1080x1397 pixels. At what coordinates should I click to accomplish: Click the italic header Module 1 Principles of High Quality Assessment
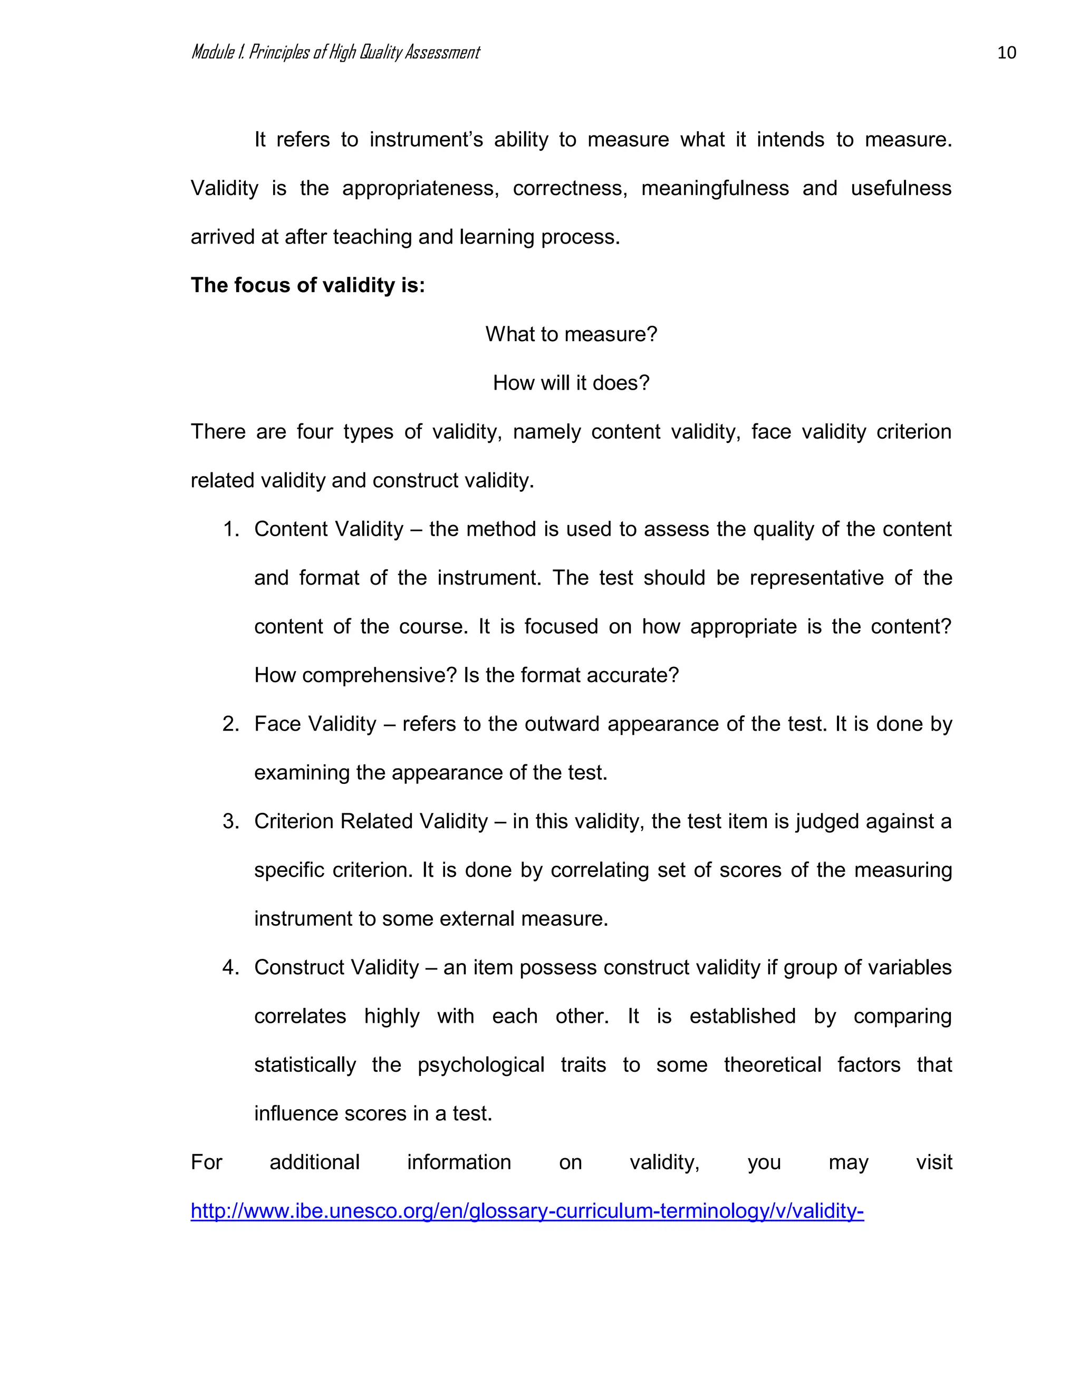(x=335, y=52)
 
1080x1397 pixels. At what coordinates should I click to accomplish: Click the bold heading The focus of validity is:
(x=308, y=285)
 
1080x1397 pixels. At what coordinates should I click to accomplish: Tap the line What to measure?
(x=571, y=334)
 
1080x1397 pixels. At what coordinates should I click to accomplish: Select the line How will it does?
(x=571, y=383)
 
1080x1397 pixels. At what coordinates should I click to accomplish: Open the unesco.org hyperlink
(x=527, y=1211)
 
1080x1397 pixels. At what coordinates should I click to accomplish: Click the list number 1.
(x=230, y=529)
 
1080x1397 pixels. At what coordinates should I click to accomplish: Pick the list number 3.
(x=230, y=821)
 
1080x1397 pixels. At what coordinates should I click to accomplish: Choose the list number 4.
(x=230, y=967)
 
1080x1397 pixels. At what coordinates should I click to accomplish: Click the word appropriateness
(x=420, y=189)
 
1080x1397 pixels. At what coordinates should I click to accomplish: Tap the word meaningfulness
(x=715, y=189)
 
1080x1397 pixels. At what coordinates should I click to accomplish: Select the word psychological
(x=480, y=1065)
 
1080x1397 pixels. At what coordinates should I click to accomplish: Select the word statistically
(x=305, y=1065)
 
